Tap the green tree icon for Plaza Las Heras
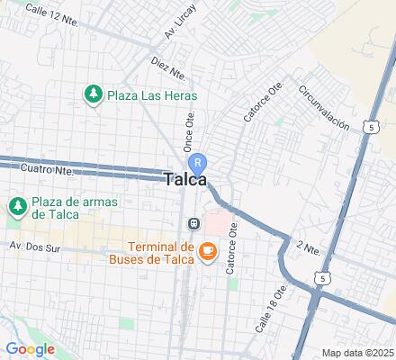tap(92, 94)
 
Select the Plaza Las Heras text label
tap(152, 94)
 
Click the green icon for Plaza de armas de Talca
tap(17, 207)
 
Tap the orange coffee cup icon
tap(207, 251)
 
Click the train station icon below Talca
tap(193, 222)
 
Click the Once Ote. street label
tap(189, 131)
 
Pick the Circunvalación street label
tap(323, 110)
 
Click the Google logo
tap(30, 349)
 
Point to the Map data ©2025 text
tap(358, 352)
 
